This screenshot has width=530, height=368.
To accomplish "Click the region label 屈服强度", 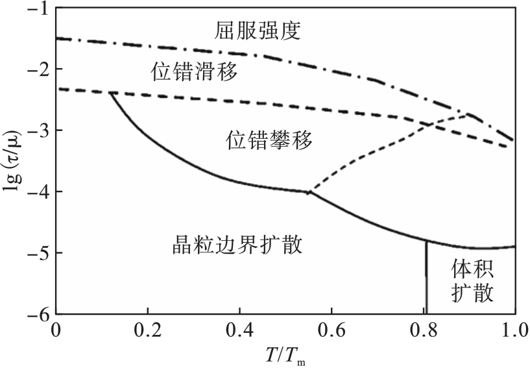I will click(x=257, y=31).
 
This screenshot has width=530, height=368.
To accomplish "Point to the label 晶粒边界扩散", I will click(x=238, y=245).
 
